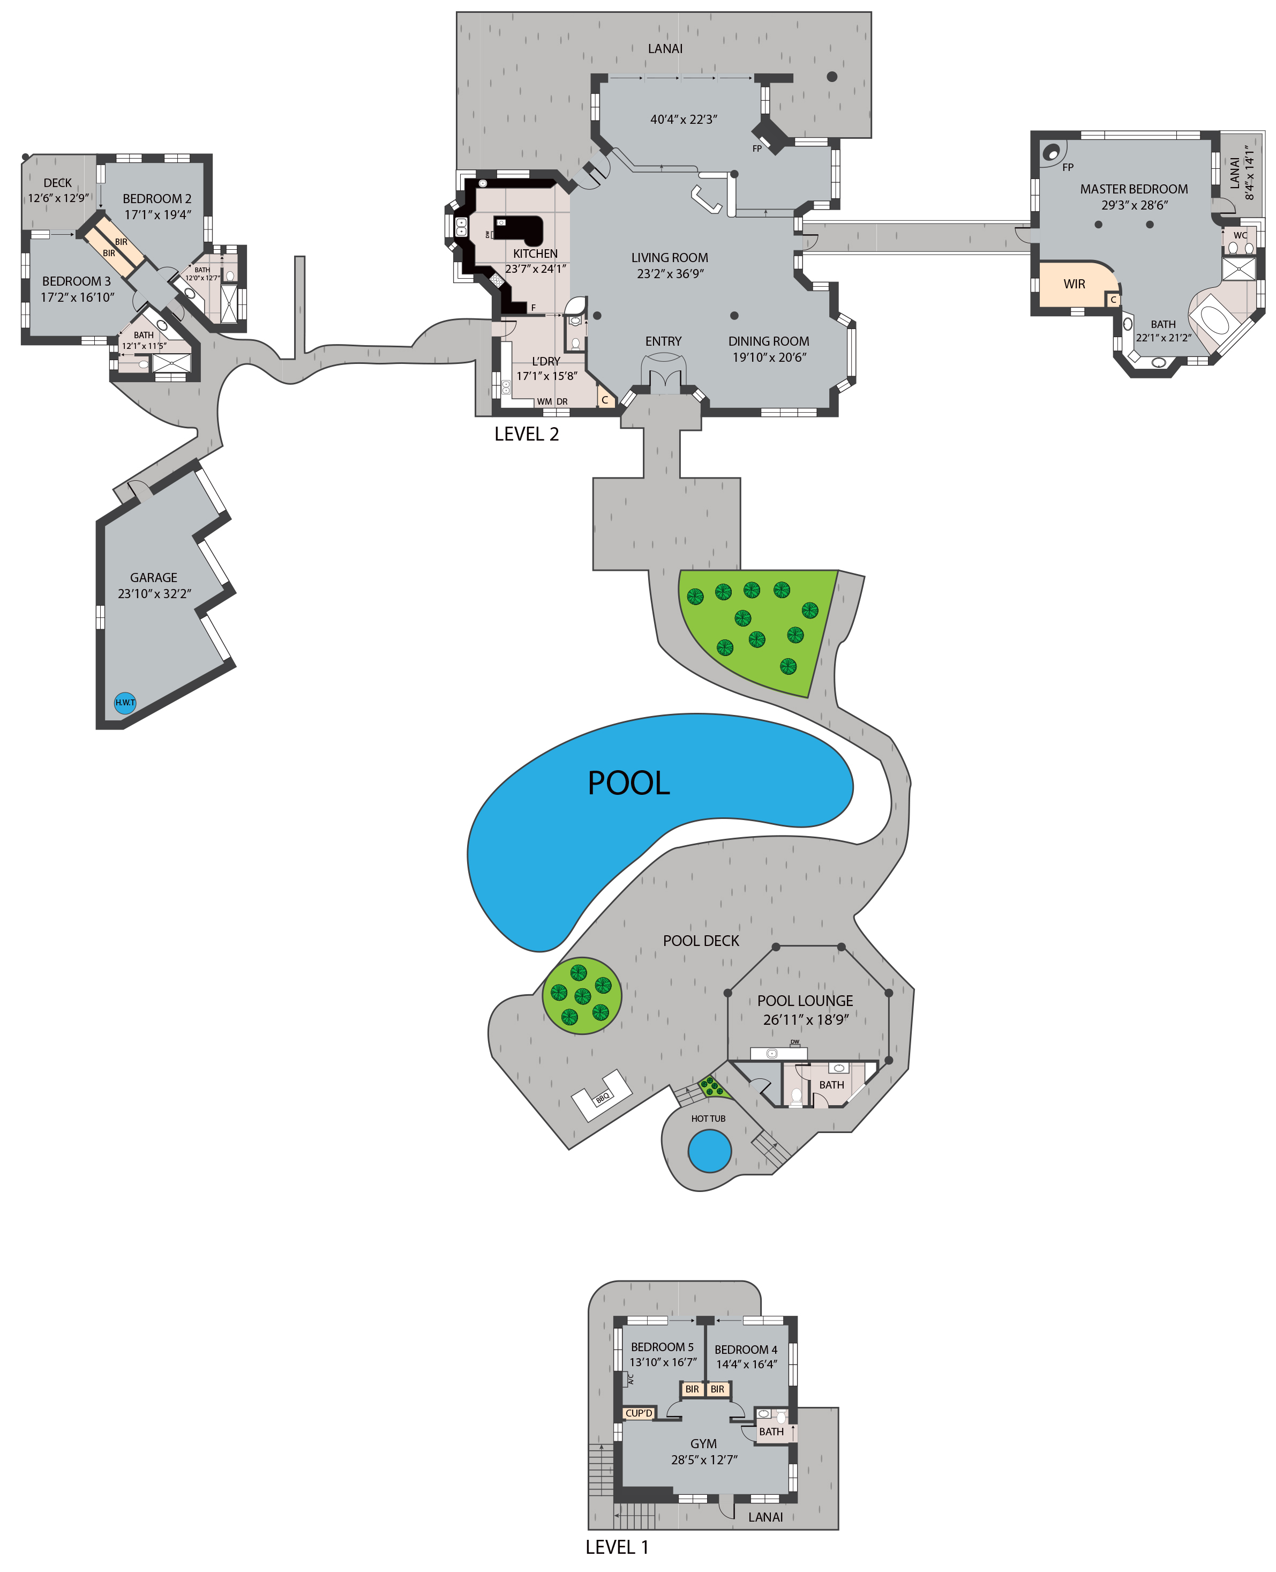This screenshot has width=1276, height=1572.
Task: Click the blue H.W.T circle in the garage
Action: pos(125,702)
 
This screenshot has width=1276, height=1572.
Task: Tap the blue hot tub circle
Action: pos(709,1151)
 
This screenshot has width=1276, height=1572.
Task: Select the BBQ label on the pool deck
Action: pos(603,1098)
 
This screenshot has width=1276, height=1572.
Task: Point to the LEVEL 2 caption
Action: pos(526,435)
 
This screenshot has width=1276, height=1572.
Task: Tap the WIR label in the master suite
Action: pos(1074,284)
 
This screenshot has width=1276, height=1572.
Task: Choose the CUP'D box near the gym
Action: pos(639,1413)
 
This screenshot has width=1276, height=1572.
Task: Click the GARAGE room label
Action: pos(154,578)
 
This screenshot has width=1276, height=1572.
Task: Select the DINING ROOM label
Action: pos(769,341)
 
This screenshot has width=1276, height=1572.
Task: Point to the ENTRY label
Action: pos(663,341)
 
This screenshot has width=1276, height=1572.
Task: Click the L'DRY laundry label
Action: pos(545,361)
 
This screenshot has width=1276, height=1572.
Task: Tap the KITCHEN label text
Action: pos(535,254)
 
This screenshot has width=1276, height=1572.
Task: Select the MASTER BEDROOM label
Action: pos(1134,189)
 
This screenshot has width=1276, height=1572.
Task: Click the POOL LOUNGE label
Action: pos(805,1001)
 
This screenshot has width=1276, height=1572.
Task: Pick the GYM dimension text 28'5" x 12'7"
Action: pos(704,1459)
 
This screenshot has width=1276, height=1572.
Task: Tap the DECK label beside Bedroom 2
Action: pos(57,183)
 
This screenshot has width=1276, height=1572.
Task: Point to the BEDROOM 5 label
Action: pos(662,1347)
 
